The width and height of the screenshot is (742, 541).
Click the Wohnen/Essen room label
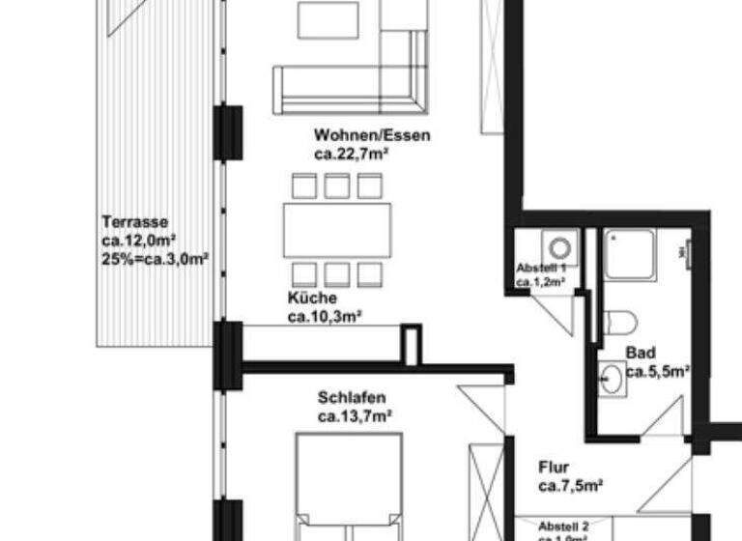(x=372, y=135)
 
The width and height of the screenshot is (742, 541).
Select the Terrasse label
(x=128, y=222)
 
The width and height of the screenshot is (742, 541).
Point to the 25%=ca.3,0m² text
(x=155, y=258)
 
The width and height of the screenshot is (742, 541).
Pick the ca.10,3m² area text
(x=325, y=316)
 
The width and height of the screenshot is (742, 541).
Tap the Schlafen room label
(x=352, y=397)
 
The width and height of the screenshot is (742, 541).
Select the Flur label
(x=555, y=467)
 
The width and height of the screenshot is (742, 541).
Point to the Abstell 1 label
(x=547, y=268)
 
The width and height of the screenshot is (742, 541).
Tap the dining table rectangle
(x=337, y=230)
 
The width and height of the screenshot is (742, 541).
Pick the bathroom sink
(x=611, y=379)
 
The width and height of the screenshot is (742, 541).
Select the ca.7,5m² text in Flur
(x=571, y=485)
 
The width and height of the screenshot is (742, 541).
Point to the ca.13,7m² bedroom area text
(x=356, y=415)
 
